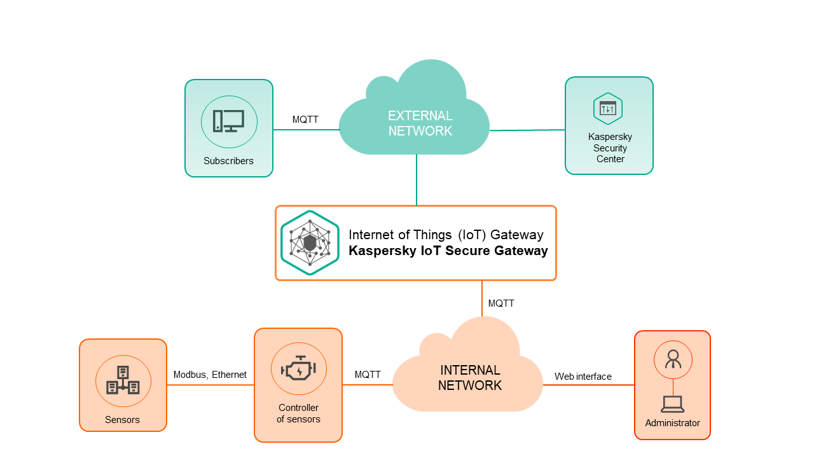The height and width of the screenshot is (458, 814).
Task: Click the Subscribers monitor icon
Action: [229, 121]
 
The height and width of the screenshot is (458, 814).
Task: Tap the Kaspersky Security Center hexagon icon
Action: [608, 109]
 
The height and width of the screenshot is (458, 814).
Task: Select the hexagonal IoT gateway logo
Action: [310, 243]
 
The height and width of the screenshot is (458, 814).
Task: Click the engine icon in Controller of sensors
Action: [298, 369]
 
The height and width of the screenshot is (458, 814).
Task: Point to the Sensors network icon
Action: [123, 380]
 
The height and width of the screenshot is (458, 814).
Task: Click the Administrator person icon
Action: [673, 359]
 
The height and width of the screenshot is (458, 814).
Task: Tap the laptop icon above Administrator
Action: [672, 403]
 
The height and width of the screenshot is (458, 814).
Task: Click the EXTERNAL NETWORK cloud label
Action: [420, 123]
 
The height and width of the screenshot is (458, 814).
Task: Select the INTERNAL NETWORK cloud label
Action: [470, 378]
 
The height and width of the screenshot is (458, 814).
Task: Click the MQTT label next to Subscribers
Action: [305, 120]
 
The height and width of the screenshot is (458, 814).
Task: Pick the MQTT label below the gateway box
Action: [501, 303]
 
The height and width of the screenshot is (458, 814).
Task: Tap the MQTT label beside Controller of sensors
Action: [368, 375]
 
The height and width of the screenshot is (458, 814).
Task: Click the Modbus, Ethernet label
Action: [210, 375]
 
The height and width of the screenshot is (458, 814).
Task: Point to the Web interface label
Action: [583, 377]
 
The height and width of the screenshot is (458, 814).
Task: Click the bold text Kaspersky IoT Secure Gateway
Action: [448, 251]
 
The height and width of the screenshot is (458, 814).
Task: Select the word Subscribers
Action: [228, 161]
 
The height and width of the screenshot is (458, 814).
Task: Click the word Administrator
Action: [672, 423]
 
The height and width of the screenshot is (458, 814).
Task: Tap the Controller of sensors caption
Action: [298, 413]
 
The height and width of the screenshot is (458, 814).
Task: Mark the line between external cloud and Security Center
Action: [527, 130]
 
